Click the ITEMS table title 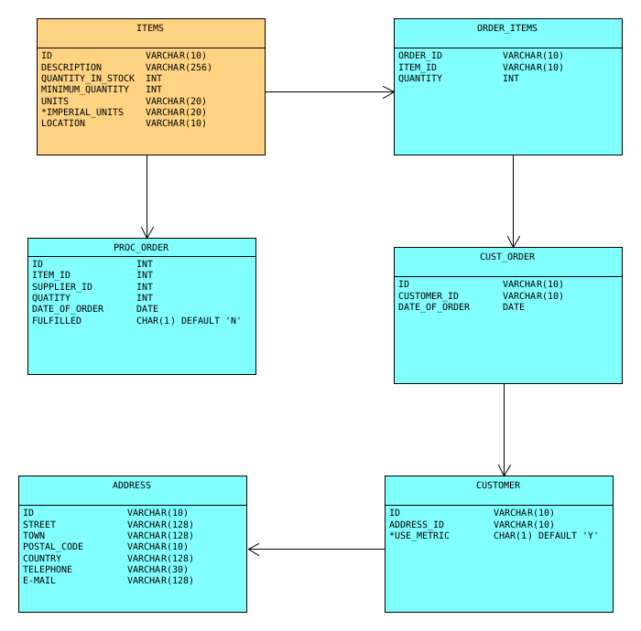point(150,28)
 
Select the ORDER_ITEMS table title point(507,28)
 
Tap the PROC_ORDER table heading point(141,248)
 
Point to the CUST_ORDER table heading point(507,257)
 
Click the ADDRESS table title point(132,486)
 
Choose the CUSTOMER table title point(498,486)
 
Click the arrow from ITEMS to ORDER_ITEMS point(330,91)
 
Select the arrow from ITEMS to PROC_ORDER point(147,197)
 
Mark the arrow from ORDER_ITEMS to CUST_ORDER point(513,201)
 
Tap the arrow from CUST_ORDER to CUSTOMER point(504,430)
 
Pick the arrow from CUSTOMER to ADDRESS point(316,549)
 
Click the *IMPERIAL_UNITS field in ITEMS point(82,112)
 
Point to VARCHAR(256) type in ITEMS point(179,68)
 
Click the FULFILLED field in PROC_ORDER point(57,321)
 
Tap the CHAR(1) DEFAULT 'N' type point(189,321)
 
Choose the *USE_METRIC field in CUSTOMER point(419,536)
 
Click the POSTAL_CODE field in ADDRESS point(53,547)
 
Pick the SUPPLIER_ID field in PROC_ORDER point(62,287)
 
